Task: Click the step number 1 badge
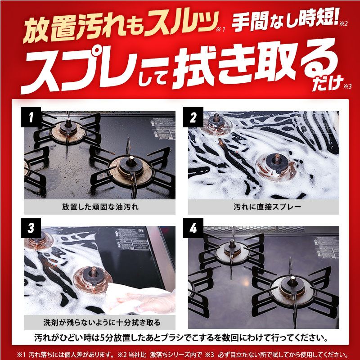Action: [x=31, y=117]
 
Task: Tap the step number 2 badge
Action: [x=193, y=117]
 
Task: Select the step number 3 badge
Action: [x=31, y=228]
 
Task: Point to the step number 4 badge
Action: [x=193, y=228]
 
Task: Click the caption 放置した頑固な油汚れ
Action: [x=100, y=207]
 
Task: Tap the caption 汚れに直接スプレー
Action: [x=267, y=207]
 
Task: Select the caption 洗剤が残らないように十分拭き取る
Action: [x=102, y=322]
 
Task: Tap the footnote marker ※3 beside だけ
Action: [x=347, y=86]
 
